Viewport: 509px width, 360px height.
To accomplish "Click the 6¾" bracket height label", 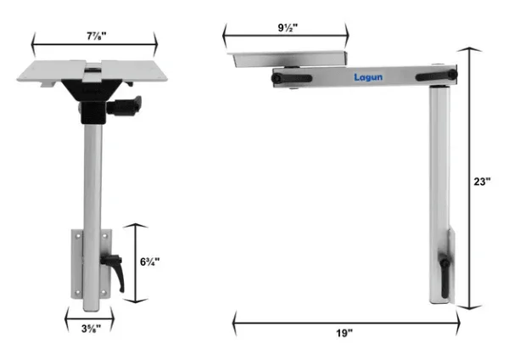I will [149, 262].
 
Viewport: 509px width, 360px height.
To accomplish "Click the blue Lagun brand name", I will [369, 76].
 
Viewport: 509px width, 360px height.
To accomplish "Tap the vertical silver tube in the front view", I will [92, 178].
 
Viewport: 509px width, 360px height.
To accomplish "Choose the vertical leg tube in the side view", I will [440, 170].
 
